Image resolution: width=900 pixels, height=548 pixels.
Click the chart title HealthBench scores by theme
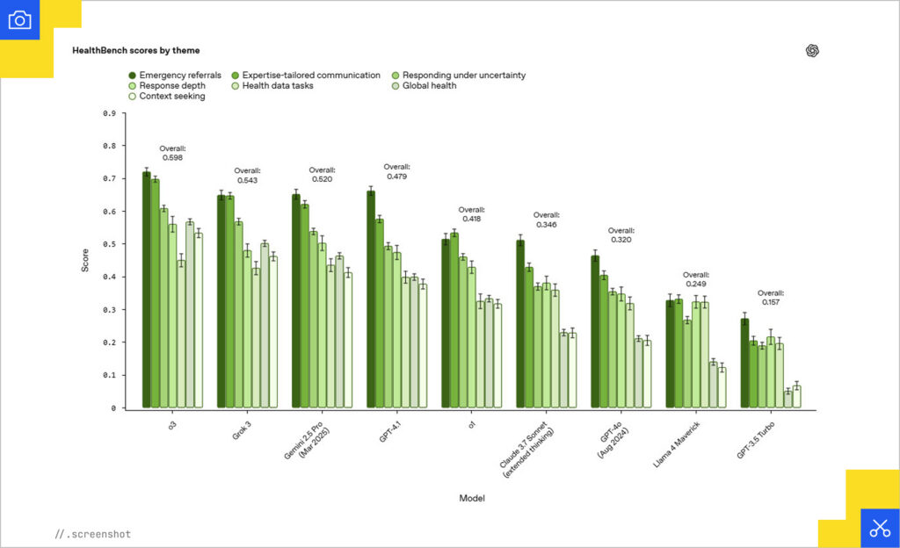(x=135, y=51)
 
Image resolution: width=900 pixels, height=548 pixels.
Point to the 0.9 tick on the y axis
(x=109, y=113)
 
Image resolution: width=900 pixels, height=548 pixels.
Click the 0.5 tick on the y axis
(x=109, y=244)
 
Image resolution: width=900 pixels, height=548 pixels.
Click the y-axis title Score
(x=85, y=261)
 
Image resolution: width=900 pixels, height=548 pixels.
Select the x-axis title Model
(x=472, y=498)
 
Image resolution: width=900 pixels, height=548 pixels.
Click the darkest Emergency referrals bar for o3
(x=147, y=290)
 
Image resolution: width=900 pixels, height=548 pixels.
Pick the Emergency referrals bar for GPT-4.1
(x=371, y=299)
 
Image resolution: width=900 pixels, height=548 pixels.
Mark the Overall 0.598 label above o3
(x=172, y=154)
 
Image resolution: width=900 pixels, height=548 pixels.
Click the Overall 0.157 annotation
(x=771, y=298)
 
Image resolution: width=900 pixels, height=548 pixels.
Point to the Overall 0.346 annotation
(x=546, y=220)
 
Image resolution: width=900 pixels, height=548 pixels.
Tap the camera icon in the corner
(x=19, y=19)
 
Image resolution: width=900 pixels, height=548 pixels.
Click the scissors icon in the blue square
(x=880, y=528)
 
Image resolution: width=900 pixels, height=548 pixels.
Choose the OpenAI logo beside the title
(x=812, y=51)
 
